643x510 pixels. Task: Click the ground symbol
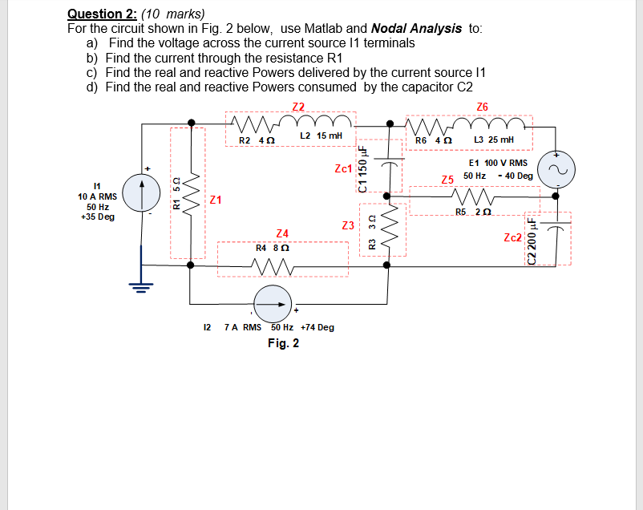coord(143,285)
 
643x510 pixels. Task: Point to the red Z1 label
coord(216,200)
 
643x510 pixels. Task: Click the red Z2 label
coord(298,107)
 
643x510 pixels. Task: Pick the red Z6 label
coord(482,107)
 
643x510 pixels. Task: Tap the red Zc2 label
coord(513,237)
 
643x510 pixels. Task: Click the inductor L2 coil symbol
coord(321,124)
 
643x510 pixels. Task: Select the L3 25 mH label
coord(491,140)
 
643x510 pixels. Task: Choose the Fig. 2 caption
coord(284,343)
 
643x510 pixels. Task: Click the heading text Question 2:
coord(100,14)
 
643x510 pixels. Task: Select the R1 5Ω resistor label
coord(177,193)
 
